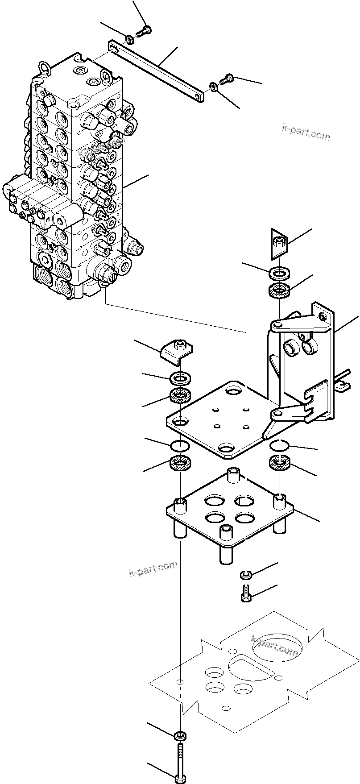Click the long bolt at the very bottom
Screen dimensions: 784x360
coord(180,761)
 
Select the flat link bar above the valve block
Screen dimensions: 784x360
coord(156,69)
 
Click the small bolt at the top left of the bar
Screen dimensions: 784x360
coord(144,31)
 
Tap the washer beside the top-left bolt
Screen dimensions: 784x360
coord(129,40)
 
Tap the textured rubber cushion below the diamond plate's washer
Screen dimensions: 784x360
coord(280,292)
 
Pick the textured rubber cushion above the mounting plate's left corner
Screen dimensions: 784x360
coord(181,395)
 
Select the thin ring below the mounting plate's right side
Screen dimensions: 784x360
coord(280,445)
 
